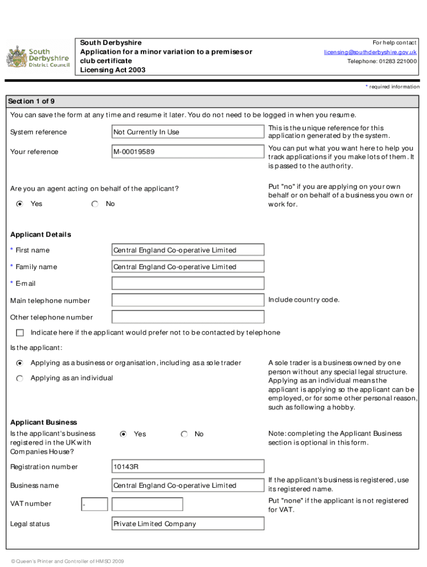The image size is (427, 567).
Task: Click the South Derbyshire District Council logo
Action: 38,57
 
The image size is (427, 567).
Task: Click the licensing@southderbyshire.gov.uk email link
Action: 370,52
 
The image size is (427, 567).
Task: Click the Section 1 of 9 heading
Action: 31,101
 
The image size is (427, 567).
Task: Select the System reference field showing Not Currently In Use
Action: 187,132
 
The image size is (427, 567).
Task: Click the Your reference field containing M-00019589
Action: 187,152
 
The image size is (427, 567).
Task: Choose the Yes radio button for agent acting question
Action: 20,204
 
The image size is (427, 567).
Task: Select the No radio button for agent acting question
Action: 95,204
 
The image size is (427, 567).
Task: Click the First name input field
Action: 187,250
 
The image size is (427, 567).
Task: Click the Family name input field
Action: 187,267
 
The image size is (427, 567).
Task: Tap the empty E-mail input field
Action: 187,283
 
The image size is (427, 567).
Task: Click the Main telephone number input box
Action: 187,301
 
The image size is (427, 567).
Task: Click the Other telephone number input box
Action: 187,317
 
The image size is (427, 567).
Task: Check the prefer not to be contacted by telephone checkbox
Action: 21,333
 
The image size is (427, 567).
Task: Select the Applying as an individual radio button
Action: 20,378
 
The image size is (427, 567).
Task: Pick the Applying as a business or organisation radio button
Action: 20,363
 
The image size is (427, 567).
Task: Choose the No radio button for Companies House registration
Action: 184,435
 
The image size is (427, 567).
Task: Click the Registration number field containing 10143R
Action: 187,467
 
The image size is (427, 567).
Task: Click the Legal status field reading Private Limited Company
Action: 187,524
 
